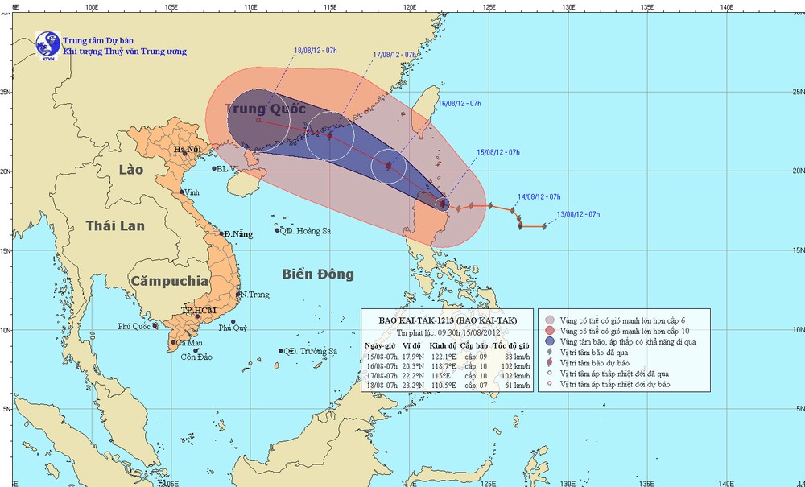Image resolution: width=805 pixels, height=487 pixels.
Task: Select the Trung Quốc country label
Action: tap(266, 109)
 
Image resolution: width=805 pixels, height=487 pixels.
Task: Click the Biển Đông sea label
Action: tap(318, 274)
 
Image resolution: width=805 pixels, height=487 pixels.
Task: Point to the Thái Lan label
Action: tap(116, 225)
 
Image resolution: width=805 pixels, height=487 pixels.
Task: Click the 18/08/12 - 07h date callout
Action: tap(316, 51)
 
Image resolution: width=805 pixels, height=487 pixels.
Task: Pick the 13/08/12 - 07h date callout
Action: tap(578, 213)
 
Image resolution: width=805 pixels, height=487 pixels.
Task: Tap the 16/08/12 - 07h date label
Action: tap(459, 104)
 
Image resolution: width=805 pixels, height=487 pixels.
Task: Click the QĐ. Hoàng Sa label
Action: tap(303, 231)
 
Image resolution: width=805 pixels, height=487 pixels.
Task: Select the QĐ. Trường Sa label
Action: tap(310, 352)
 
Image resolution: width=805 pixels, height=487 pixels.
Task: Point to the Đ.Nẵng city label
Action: tap(238, 234)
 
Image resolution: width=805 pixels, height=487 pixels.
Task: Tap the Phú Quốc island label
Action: tap(134, 327)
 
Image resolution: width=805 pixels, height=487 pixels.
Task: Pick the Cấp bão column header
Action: tap(475, 345)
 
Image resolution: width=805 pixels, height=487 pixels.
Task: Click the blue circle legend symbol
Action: tap(549, 342)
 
